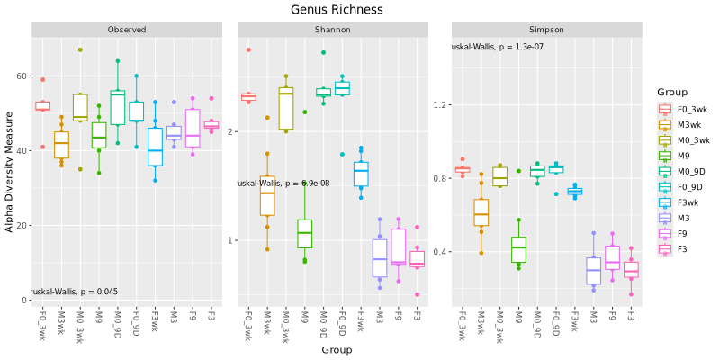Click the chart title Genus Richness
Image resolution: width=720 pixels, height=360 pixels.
(x=337, y=9)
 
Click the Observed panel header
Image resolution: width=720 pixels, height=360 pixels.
(x=127, y=30)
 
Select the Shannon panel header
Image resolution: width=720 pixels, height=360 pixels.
(x=333, y=30)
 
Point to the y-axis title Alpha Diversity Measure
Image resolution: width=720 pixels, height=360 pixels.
(x=10, y=172)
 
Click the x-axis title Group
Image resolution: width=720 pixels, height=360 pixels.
(x=337, y=349)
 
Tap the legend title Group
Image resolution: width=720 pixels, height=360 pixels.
(x=672, y=92)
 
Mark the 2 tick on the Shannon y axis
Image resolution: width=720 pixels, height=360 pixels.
(x=230, y=131)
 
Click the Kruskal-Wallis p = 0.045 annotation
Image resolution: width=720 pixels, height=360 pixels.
(x=74, y=292)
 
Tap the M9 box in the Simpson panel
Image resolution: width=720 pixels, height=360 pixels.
(x=518, y=250)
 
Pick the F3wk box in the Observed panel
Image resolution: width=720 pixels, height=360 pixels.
(x=155, y=146)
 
